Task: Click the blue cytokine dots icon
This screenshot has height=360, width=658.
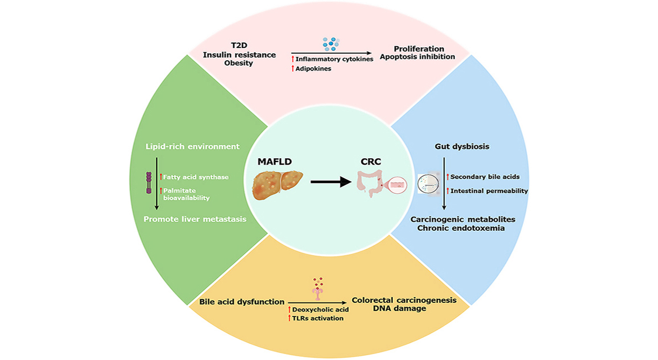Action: pyautogui.click(x=331, y=44)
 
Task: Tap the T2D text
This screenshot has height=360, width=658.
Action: pyautogui.click(x=239, y=46)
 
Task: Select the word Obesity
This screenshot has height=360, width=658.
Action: pyautogui.click(x=239, y=63)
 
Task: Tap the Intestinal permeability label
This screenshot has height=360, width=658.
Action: pyautogui.click(x=489, y=190)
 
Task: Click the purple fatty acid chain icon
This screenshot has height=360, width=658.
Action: pyautogui.click(x=149, y=183)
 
